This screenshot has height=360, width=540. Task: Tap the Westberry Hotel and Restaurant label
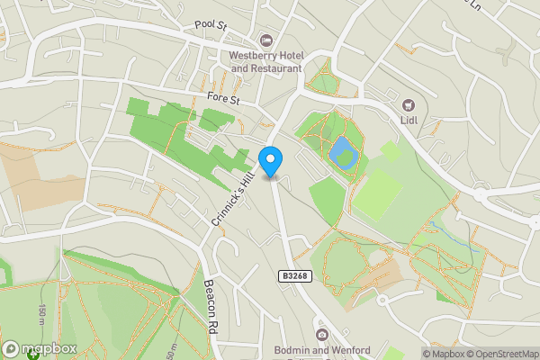coord(266,62)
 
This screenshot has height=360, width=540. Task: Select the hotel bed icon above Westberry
coord(265,40)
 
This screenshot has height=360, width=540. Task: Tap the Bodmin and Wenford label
coord(320,348)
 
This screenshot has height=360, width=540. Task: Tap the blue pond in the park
coord(343,154)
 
